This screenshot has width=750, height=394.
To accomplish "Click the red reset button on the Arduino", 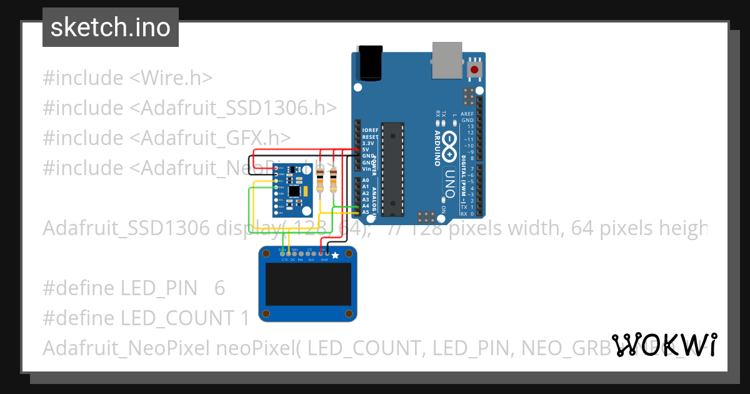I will click(475, 69).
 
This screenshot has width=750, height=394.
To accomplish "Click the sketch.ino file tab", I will click(111, 28).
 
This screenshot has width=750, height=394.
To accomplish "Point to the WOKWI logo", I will click(664, 345).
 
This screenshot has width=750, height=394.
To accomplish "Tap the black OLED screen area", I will click(307, 283).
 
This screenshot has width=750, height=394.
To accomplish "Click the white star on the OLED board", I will click(335, 255).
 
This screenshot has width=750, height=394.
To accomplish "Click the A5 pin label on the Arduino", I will click(366, 212).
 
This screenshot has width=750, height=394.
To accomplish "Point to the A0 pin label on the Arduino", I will click(366, 180).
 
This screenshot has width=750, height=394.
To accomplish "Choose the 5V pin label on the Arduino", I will click(365, 149).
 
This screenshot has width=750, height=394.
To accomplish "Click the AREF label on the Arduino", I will click(467, 114).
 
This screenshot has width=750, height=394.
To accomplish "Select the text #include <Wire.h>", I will click(127, 78).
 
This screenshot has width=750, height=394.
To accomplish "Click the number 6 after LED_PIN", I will click(219, 288).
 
